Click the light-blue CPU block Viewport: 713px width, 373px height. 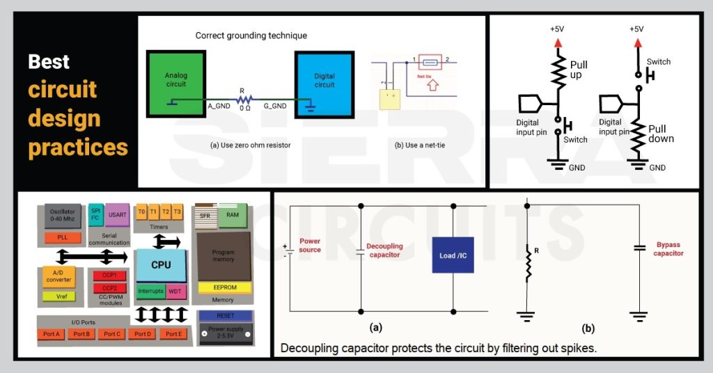[x=161, y=265]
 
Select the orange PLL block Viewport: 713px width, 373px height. [x=63, y=238]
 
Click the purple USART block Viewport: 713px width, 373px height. [x=117, y=214]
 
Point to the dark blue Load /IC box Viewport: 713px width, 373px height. [x=453, y=255]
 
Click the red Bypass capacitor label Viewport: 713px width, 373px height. [x=670, y=249]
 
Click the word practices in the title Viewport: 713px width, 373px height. [x=78, y=147]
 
